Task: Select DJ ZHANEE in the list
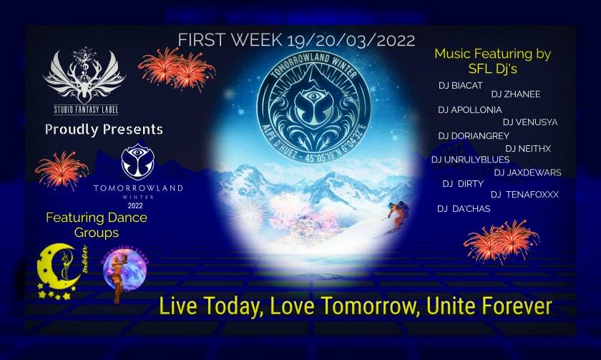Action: coord(515,93)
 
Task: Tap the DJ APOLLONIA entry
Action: coord(469,110)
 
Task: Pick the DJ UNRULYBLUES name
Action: coord(470,160)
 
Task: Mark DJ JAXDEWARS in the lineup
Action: coord(527,172)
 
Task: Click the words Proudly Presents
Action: coord(104,130)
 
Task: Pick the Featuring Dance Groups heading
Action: coord(96,225)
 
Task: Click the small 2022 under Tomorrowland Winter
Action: coord(135,205)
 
